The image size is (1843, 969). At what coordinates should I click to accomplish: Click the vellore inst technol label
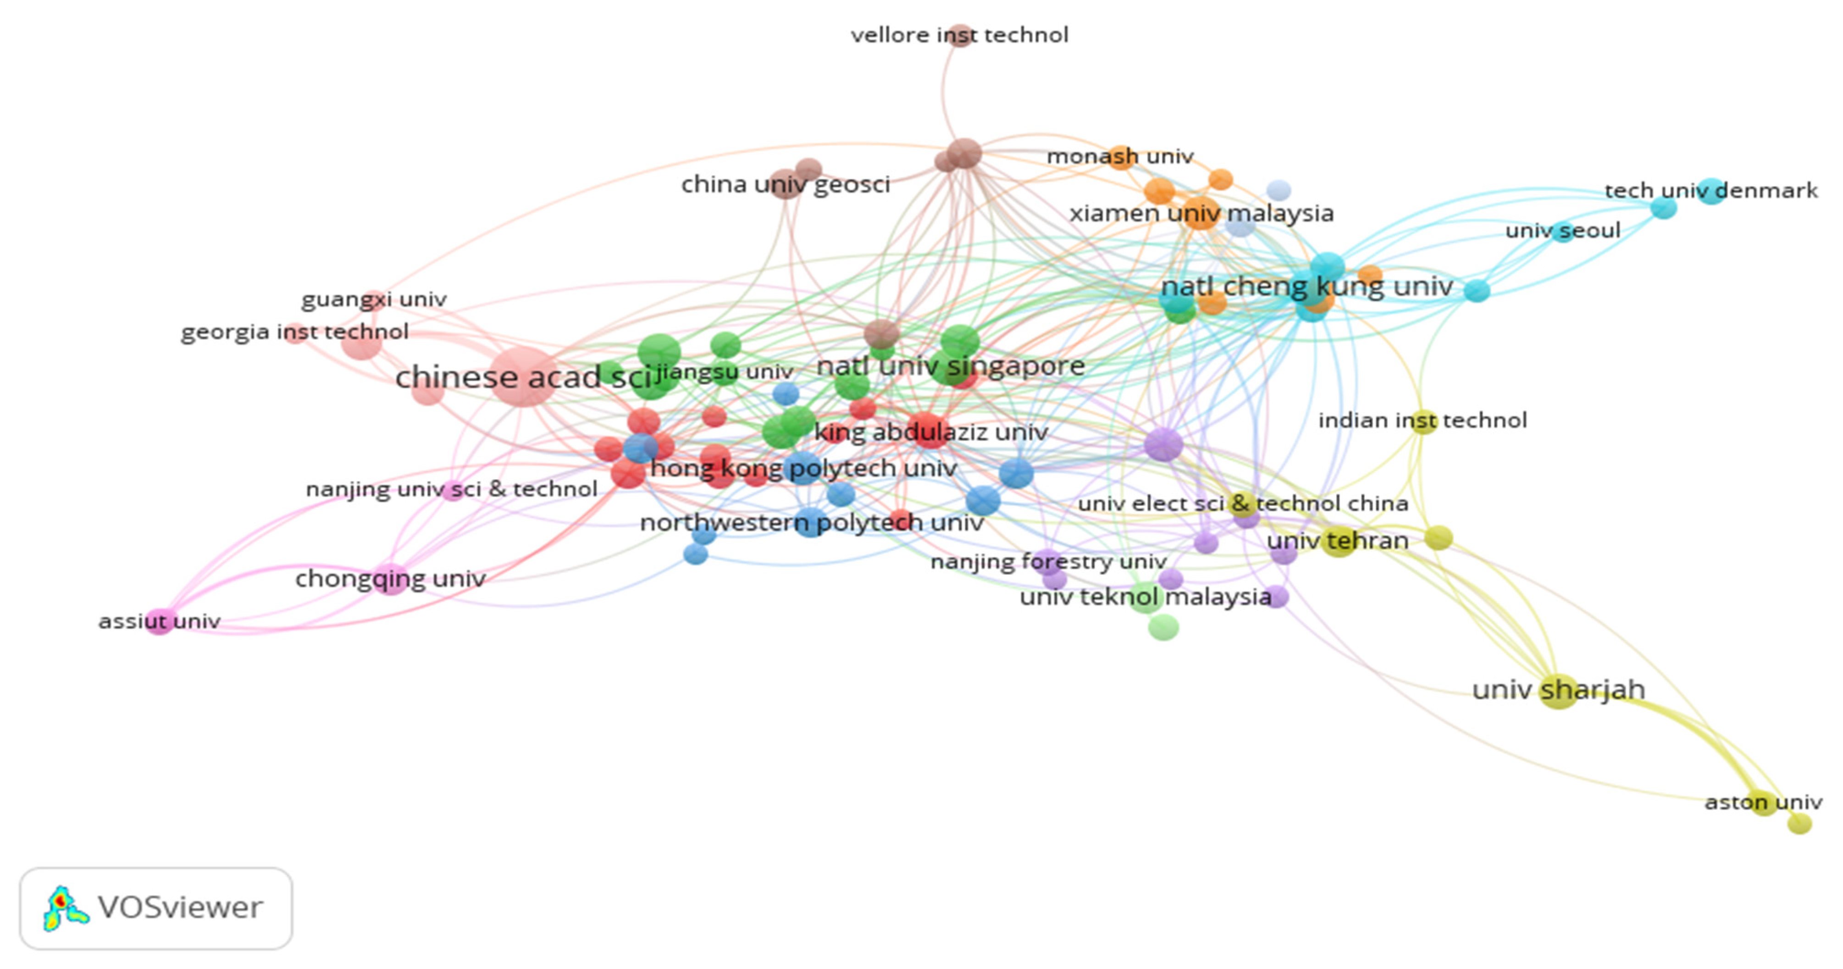click(959, 35)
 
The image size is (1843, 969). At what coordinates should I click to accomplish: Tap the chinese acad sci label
click(524, 377)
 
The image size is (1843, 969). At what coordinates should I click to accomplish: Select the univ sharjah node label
click(1558, 690)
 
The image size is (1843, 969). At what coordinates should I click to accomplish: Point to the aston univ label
click(1763, 802)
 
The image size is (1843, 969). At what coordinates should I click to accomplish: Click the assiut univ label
click(159, 621)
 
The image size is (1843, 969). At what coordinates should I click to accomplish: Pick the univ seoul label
click(1562, 231)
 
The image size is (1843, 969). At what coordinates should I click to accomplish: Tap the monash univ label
click(1120, 156)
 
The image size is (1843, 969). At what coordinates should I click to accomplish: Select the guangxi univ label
click(373, 299)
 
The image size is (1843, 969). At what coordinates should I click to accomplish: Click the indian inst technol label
click(1422, 420)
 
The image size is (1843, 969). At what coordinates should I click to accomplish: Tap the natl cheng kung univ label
click(1306, 287)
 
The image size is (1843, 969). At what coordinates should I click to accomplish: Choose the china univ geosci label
click(785, 185)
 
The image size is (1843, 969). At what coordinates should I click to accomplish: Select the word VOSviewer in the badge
click(180, 908)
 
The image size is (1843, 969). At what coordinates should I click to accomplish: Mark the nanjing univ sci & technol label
click(451, 489)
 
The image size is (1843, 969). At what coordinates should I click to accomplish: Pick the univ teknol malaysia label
click(1145, 597)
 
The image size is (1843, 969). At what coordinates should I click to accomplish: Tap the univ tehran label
click(1337, 541)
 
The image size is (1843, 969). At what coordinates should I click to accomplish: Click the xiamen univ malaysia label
click(1201, 213)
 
